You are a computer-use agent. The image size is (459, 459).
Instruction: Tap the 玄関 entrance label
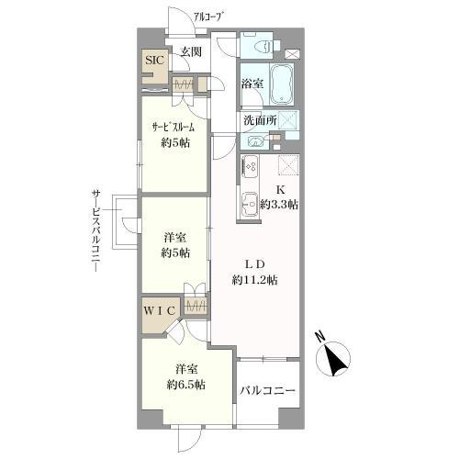[190, 52]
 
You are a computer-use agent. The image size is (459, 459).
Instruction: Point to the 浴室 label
[252, 84]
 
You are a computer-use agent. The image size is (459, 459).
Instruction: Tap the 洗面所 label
[261, 120]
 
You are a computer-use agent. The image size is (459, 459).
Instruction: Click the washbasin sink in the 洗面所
[253, 141]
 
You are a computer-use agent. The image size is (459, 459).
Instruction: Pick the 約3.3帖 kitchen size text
[277, 205]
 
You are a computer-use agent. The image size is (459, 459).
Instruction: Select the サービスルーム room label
[173, 129]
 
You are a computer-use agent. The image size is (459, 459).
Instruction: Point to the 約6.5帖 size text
[185, 384]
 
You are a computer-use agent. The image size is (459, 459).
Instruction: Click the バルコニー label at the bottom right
[268, 391]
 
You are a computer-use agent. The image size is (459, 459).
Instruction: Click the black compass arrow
[336, 361]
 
